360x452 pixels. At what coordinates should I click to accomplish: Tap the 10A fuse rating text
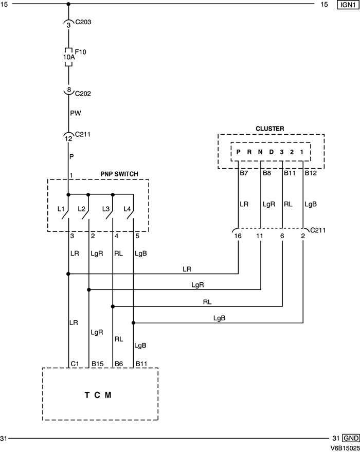(x=68, y=58)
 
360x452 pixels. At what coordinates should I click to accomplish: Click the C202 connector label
(x=83, y=94)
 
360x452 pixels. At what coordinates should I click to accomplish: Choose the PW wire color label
(x=75, y=113)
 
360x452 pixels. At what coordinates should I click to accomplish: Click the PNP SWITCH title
(x=119, y=174)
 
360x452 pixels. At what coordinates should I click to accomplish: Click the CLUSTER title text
(x=270, y=129)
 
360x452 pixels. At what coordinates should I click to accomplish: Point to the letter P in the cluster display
(x=239, y=152)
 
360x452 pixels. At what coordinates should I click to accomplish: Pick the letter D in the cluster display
(x=271, y=152)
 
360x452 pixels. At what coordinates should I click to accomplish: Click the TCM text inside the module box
(x=98, y=395)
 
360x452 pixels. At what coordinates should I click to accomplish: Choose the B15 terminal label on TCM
(x=98, y=364)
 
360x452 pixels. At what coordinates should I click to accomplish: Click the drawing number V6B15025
(x=345, y=447)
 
